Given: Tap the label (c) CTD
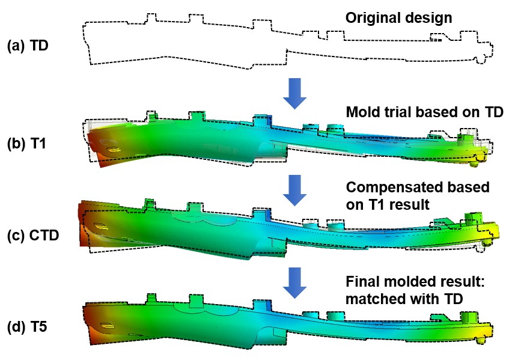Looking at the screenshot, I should [33, 235].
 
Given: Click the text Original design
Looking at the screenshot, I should [398, 18].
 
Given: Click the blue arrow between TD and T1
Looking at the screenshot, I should [294, 93].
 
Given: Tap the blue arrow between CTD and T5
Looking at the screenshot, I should [294, 282].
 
